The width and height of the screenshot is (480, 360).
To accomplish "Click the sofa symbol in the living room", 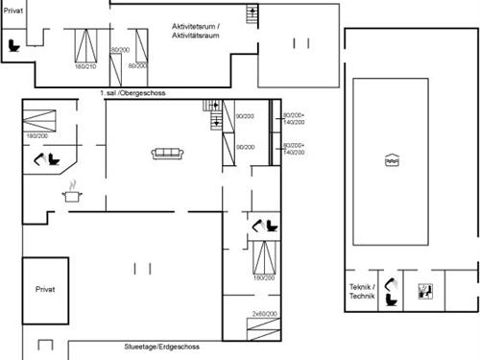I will tap(168, 152).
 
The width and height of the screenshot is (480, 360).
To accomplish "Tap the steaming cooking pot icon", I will tap(72, 192).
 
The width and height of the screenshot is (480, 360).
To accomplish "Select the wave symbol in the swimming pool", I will tap(391, 161).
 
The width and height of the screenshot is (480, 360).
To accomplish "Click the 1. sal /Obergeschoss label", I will tap(132, 92).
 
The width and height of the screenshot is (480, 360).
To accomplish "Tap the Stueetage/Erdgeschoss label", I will tap(161, 347).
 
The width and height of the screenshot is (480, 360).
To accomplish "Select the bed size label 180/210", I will tap(85, 66).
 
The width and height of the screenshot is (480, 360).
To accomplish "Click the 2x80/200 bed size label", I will tap(264, 314).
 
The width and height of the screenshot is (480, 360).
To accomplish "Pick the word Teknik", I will tap(360, 286).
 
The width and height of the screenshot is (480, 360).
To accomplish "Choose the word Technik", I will tap(360, 296).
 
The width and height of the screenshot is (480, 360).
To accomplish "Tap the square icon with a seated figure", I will tap(424, 291).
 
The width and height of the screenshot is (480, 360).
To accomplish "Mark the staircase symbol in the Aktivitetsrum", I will tap(252, 14).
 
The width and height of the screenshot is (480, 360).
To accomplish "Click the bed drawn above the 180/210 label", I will tap(86, 45).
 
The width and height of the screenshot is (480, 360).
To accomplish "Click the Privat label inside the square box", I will tap(46, 288).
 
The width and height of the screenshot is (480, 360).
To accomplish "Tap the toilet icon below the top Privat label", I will tap(13, 43).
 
